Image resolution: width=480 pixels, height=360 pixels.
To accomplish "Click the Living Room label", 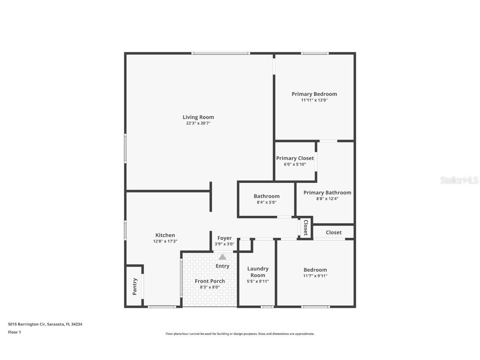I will (198, 117).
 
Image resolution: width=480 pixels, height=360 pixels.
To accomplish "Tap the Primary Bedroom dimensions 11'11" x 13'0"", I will (314, 100).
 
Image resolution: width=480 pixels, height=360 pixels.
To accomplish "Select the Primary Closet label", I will (295, 158).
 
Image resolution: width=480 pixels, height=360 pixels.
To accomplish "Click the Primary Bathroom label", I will (327, 192).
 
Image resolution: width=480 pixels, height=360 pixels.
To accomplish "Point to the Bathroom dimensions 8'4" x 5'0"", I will (266, 202).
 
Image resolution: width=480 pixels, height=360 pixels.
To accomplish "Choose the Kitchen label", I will (165, 235).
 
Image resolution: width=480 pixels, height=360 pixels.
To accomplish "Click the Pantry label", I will (135, 287).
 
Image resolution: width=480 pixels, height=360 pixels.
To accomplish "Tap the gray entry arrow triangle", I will (222, 257).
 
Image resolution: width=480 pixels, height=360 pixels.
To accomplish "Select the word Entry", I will (222, 266).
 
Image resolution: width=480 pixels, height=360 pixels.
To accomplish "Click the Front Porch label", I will (210, 281).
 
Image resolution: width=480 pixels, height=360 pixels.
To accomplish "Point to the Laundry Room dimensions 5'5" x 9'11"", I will (258, 281).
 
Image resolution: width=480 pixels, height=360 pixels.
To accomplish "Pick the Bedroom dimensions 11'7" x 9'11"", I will (315, 276).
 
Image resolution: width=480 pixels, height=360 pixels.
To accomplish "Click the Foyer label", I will (224, 238).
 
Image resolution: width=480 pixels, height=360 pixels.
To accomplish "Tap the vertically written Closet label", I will (305, 228).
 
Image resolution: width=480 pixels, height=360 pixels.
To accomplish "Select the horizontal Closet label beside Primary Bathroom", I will (333, 232).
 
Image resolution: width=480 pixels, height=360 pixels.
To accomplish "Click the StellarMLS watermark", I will (459, 180).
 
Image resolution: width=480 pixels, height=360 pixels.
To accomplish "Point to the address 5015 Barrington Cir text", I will (45, 324).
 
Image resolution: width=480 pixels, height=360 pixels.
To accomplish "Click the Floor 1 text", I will (14, 332).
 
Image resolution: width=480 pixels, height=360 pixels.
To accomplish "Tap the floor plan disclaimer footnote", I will (240, 334).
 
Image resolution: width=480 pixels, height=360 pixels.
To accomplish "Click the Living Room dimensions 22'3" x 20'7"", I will (198, 123).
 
